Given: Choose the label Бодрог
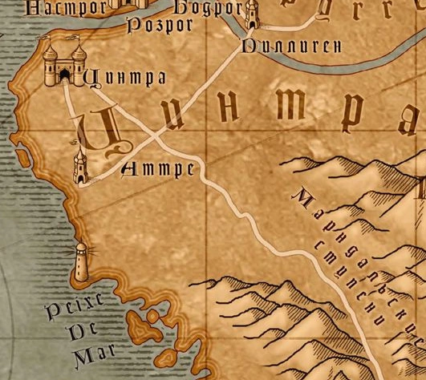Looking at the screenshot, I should [x=206, y=7].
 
